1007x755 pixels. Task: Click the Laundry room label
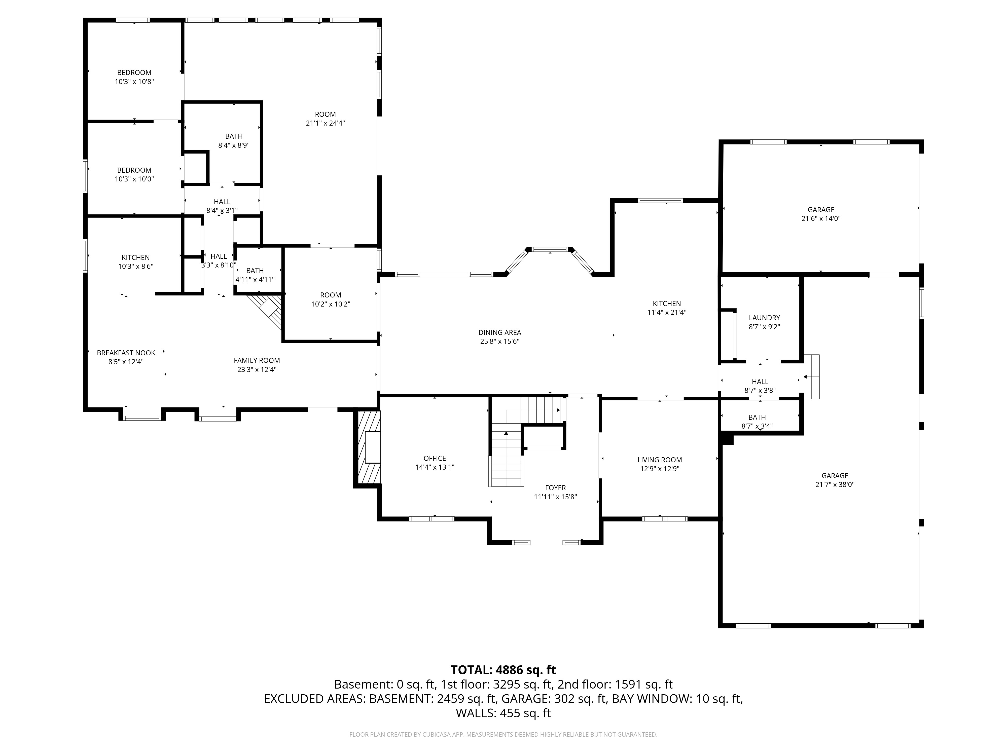764,318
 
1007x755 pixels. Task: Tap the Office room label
435,458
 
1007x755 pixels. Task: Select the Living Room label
660,460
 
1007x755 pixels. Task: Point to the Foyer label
555,488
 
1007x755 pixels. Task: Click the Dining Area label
500,333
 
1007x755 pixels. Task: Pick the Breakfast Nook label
126,353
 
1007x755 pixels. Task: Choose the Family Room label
257,360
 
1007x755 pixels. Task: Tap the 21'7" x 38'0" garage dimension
835,485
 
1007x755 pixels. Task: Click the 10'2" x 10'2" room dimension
331,304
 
